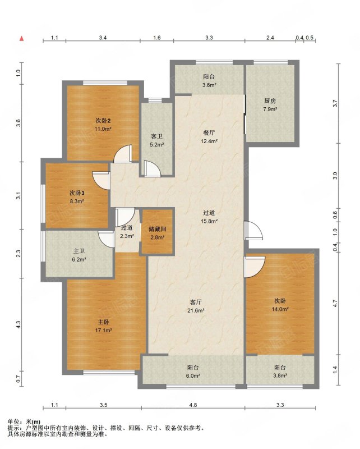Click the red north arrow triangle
click(21, 38)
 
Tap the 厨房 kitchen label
click(270, 101)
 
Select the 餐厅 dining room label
click(209, 133)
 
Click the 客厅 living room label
click(196, 302)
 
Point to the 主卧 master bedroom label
click(103, 322)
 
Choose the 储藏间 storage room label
click(157, 229)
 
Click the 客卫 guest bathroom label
click(157, 136)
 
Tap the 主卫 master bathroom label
click(79, 251)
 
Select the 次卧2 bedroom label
click(103, 121)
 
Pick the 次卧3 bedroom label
click(77, 193)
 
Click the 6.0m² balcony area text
click(193, 375)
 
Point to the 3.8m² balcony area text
click(280, 375)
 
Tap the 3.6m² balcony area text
click(209, 85)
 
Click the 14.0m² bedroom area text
click(280, 309)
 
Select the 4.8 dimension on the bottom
click(193, 405)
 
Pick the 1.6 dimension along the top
click(157, 38)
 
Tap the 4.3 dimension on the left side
click(19, 324)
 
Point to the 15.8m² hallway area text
click(209, 221)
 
